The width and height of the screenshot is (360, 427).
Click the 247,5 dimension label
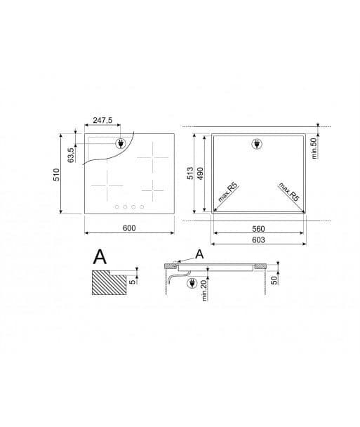tap(102, 121)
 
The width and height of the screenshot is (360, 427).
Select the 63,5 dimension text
tap(70, 153)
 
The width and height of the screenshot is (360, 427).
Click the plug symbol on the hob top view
tap(121, 143)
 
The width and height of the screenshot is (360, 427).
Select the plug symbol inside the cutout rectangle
tap(255, 145)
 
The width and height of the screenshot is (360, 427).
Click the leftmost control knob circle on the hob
tap(116, 206)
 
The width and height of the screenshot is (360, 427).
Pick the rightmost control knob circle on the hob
tap(142, 206)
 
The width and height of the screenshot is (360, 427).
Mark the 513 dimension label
tap(191, 173)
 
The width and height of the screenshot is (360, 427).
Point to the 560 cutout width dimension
tap(259, 229)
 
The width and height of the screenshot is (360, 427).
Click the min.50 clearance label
tap(314, 148)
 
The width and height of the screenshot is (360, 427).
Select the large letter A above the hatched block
tap(100, 257)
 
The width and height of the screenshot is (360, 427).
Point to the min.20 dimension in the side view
tap(203, 289)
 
